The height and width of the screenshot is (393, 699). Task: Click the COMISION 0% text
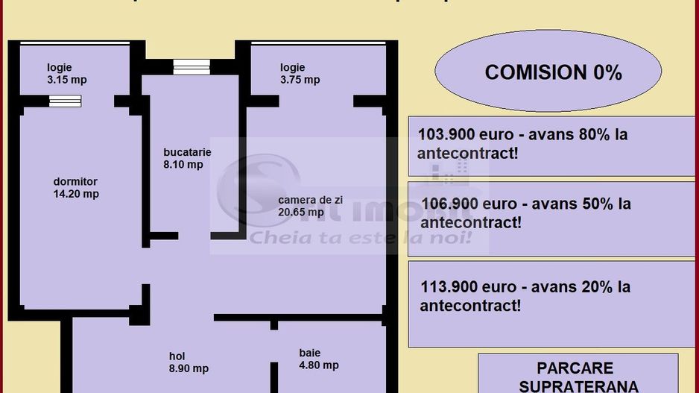553,72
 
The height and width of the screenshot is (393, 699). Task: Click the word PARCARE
575,368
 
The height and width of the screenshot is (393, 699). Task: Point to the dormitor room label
75,181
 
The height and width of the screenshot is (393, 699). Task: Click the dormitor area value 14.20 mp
75,194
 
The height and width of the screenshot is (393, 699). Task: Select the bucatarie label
187,152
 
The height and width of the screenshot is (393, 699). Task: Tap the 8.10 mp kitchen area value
183,165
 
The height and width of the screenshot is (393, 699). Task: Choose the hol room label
177,356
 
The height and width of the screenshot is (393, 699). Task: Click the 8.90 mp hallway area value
189,368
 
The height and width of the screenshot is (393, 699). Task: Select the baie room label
309,352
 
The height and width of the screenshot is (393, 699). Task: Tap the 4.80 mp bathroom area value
319,365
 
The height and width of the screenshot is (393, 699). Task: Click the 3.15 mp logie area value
67,79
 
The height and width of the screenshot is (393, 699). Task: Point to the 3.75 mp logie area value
300,80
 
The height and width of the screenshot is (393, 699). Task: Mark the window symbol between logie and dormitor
66,101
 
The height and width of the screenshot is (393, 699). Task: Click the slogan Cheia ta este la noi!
361,238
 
